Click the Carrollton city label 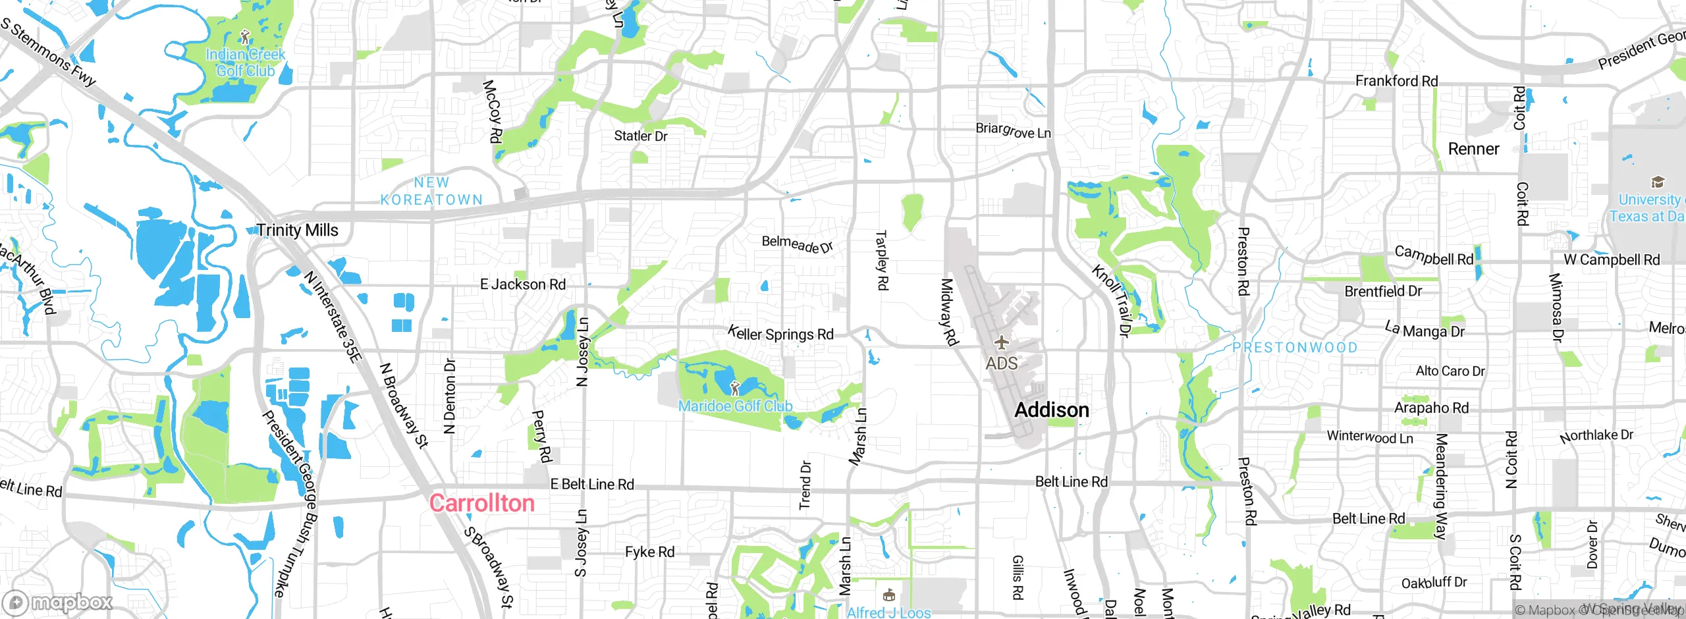click(x=481, y=503)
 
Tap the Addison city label click(x=1051, y=410)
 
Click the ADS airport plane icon click(x=1001, y=343)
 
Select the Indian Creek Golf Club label click(x=245, y=63)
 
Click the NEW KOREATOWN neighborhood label click(x=431, y=191)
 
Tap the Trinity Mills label click(x=297, y=230)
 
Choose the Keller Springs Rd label click(x=780, y=333)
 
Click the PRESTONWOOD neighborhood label click(x=1295, y=348)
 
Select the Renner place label click(x=1473, y=149)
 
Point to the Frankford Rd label click(x=1396, y=81)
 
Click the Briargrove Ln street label click(x=1013, y=130)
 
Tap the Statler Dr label click(x=640, y=136)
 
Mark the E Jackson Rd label click(x=523, y=284)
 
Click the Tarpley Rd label click(x=881, y=260)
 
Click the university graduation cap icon click(x=1658, y=182)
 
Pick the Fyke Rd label click(x=649, y=552)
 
